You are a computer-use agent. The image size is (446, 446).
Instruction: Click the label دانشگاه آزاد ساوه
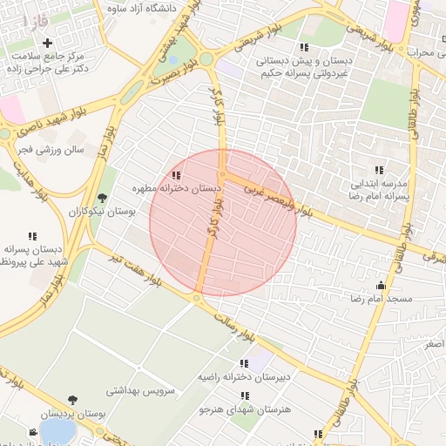click(x=142, y=8)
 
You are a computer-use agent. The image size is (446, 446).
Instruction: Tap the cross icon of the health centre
click(x=47, y=43)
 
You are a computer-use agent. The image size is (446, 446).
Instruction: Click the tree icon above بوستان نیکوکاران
click(x=103, y=198)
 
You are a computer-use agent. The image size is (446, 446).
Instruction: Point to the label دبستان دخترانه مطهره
click(x=172, y=189)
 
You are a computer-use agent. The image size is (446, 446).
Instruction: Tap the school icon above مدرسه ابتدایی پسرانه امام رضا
click(x=379, y=169)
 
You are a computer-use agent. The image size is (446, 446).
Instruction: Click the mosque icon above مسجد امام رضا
click(x=380, y=284)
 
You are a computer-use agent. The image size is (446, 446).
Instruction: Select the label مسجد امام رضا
click(x=380, y=299)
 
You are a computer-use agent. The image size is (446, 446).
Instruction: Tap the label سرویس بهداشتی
click(x=141, y=390)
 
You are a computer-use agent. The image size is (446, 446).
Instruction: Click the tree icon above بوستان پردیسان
click(x=71, y=400)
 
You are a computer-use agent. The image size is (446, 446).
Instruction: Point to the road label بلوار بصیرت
click(x=173, y=75)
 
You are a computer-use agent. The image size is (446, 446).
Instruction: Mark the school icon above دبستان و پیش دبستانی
click(x=303, y=47)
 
